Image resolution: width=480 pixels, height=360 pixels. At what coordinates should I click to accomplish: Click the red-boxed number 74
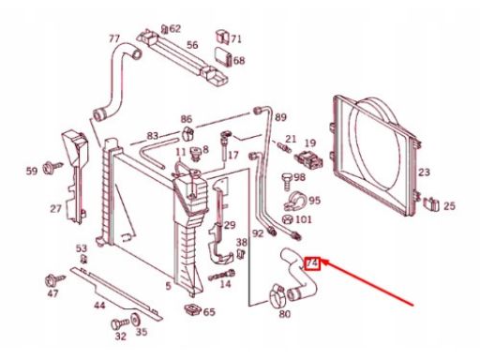pyautogui.click(x=312, y=263)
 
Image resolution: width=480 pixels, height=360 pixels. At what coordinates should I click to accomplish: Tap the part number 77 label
pyautogui.click(x=114, y=39)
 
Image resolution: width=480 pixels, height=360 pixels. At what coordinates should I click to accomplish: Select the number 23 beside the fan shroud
pyautogui.click(x=424, y=172)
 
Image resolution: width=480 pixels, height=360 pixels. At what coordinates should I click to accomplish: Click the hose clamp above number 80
pyautogui.click(x=277, y=295)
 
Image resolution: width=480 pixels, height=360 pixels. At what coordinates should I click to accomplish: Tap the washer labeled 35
pyautogui.click(x=136, y=320)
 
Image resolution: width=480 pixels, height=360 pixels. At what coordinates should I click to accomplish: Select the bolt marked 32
pyautogui.click(x=120, y=323)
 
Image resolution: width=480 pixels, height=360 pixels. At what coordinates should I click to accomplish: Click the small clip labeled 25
pyautogui.click(x=432, y=203)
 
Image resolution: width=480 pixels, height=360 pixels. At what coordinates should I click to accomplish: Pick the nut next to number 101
pyautogui.click(x=287, y=219)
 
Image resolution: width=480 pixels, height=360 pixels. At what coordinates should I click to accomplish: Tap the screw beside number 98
pyautogui.click(x=287, y=181)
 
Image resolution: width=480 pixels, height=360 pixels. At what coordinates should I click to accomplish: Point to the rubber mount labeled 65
pyautogui.click(x=193, y=309)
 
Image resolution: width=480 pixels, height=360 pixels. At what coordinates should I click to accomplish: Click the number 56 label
pyautogui.click(x=192, y=45)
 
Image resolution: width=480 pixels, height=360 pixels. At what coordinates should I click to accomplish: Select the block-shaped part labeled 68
pyautogui.click(x=223, y=56)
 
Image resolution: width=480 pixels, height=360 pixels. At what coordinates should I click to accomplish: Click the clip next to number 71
pyautogui.click(x=222, y=37)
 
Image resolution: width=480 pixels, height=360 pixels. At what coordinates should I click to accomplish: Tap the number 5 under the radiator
pyautogui.click(x=168, y=285)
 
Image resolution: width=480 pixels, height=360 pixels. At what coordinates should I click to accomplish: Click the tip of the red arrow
pyautogui.click(x=321, y=261)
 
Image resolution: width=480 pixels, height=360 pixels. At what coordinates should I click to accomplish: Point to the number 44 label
pyautogui.click(x=100, y=305)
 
